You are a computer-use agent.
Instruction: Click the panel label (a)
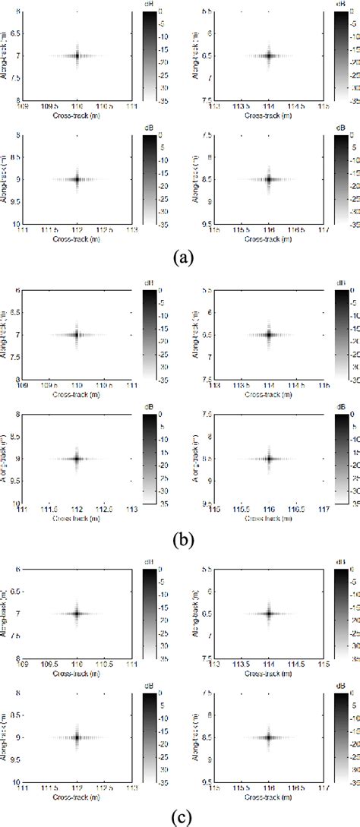179,257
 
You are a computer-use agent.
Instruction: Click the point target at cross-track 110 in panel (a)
77,55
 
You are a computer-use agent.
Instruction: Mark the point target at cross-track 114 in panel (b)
269,334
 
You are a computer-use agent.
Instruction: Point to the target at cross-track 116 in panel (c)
269,737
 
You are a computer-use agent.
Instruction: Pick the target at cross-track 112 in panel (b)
77,458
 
